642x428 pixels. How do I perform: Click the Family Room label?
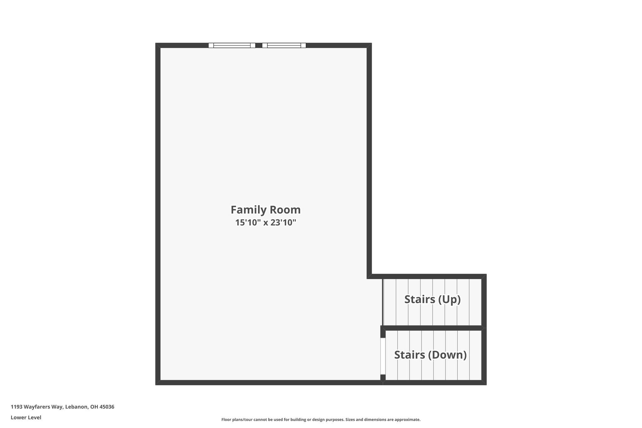pos(266,210)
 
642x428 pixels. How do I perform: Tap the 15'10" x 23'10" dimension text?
pos(266,223)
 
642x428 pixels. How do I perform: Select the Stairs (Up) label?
pos(433,299)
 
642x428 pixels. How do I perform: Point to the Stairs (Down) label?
pos(430,355)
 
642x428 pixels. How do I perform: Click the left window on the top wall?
pos(232,45)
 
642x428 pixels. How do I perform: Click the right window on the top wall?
pos(284,45)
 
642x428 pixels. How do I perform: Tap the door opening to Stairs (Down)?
pos(383,356)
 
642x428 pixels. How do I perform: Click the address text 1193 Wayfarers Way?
pos(37,407)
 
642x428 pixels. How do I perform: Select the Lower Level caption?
pos(26,418)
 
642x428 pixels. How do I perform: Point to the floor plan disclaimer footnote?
pos(321,420)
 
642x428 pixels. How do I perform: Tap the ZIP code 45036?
pos(107,407)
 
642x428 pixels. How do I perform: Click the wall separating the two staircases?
pos(434,328)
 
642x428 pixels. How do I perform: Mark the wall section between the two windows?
pos(259,45)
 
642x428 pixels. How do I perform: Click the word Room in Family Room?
pos(286,210)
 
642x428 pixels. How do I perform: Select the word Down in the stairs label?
pos(447,355)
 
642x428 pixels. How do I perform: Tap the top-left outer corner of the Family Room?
pos(156,43)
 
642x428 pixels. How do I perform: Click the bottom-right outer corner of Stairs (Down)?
pos(486,385)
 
